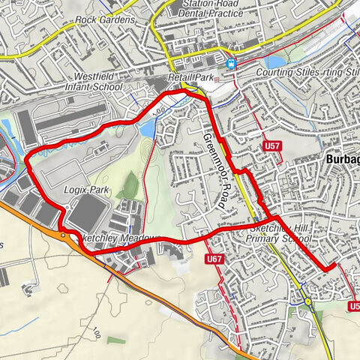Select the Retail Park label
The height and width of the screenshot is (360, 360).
192,76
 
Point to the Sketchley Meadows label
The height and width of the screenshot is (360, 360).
120,238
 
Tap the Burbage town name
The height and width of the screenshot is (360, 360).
343,160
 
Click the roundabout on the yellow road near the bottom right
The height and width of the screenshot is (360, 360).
308,301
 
